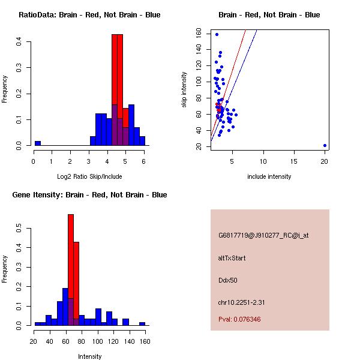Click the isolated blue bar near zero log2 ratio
coord(37,143)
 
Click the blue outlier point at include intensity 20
coord(325,145)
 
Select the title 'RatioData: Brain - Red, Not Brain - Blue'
coord(89,14)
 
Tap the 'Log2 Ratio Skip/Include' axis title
coord(89,176)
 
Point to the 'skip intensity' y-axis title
coord(184,90)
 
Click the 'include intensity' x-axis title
coord(269,176)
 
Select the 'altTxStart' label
coord(232,258)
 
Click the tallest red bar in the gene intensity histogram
coord(71,269)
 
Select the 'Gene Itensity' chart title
coord(89,194)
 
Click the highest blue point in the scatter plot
coord(217,34)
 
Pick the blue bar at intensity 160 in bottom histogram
coord(142,323)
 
